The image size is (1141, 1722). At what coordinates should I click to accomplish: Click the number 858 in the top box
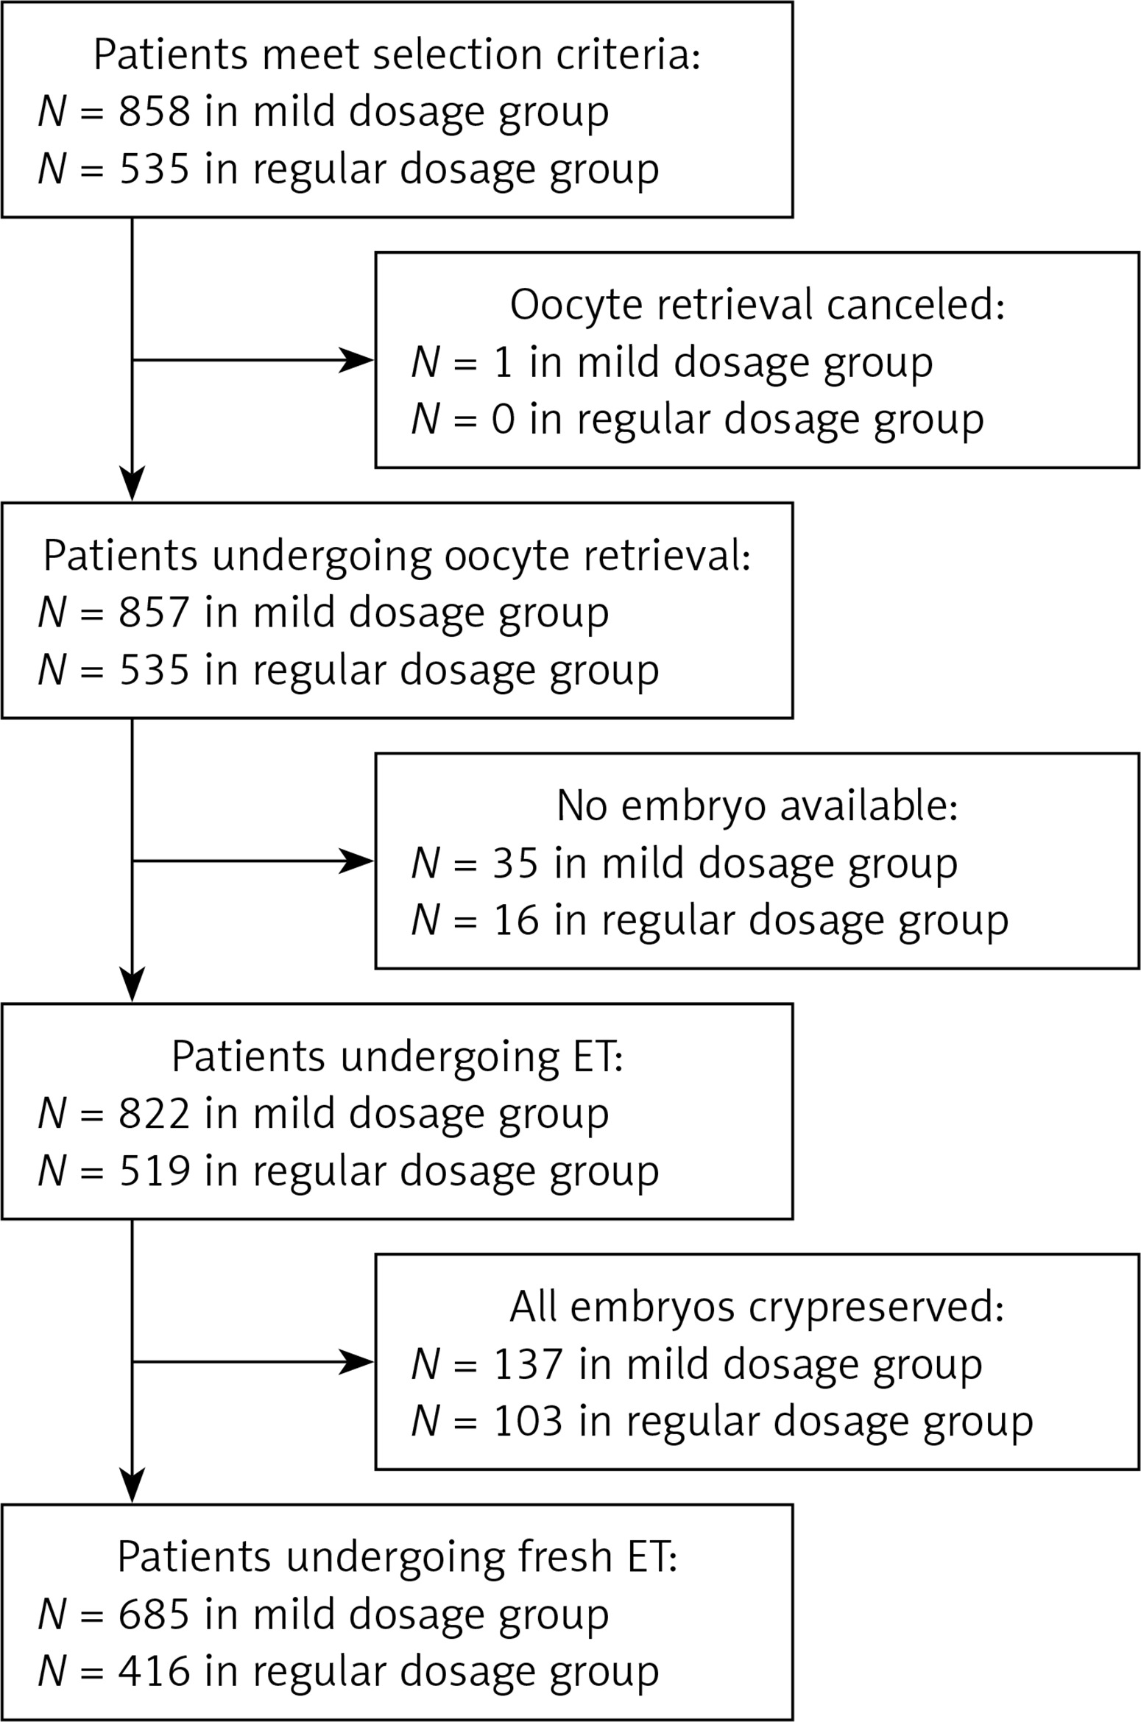(x=155, y=112)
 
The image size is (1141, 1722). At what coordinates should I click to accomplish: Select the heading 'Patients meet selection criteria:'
(x=397, y=54)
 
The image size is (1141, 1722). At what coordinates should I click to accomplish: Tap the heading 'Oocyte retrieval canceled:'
(x=757, y=305)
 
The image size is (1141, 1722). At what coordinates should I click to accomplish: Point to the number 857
(x=155, y=613)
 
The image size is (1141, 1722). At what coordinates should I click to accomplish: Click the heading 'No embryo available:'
(x=757, y=805)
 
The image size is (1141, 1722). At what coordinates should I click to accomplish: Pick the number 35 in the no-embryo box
(x=516, y=863)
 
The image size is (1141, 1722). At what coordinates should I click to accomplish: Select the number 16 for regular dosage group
(x=516, y=920)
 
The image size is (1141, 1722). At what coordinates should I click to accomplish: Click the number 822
(x=155, y=1113)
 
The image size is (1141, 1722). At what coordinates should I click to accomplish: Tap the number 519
(x=155, y=1171)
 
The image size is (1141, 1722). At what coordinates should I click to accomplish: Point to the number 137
(x=529, y=1364)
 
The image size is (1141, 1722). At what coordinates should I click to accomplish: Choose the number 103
(x=529, y=1421)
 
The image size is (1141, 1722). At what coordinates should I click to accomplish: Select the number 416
(x=155, y=1672)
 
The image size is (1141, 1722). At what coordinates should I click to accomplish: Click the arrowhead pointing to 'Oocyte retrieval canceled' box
(x=357, y=360)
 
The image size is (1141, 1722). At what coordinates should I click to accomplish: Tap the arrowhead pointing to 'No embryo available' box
(x=357, y=861)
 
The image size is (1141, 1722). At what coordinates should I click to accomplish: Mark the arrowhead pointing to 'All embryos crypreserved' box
(x=357, y=1362)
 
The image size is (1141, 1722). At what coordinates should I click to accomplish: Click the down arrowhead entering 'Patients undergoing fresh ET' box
(x=133, y=1485)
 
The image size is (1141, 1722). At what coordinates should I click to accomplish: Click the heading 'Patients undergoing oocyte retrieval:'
(x=397, y=556)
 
